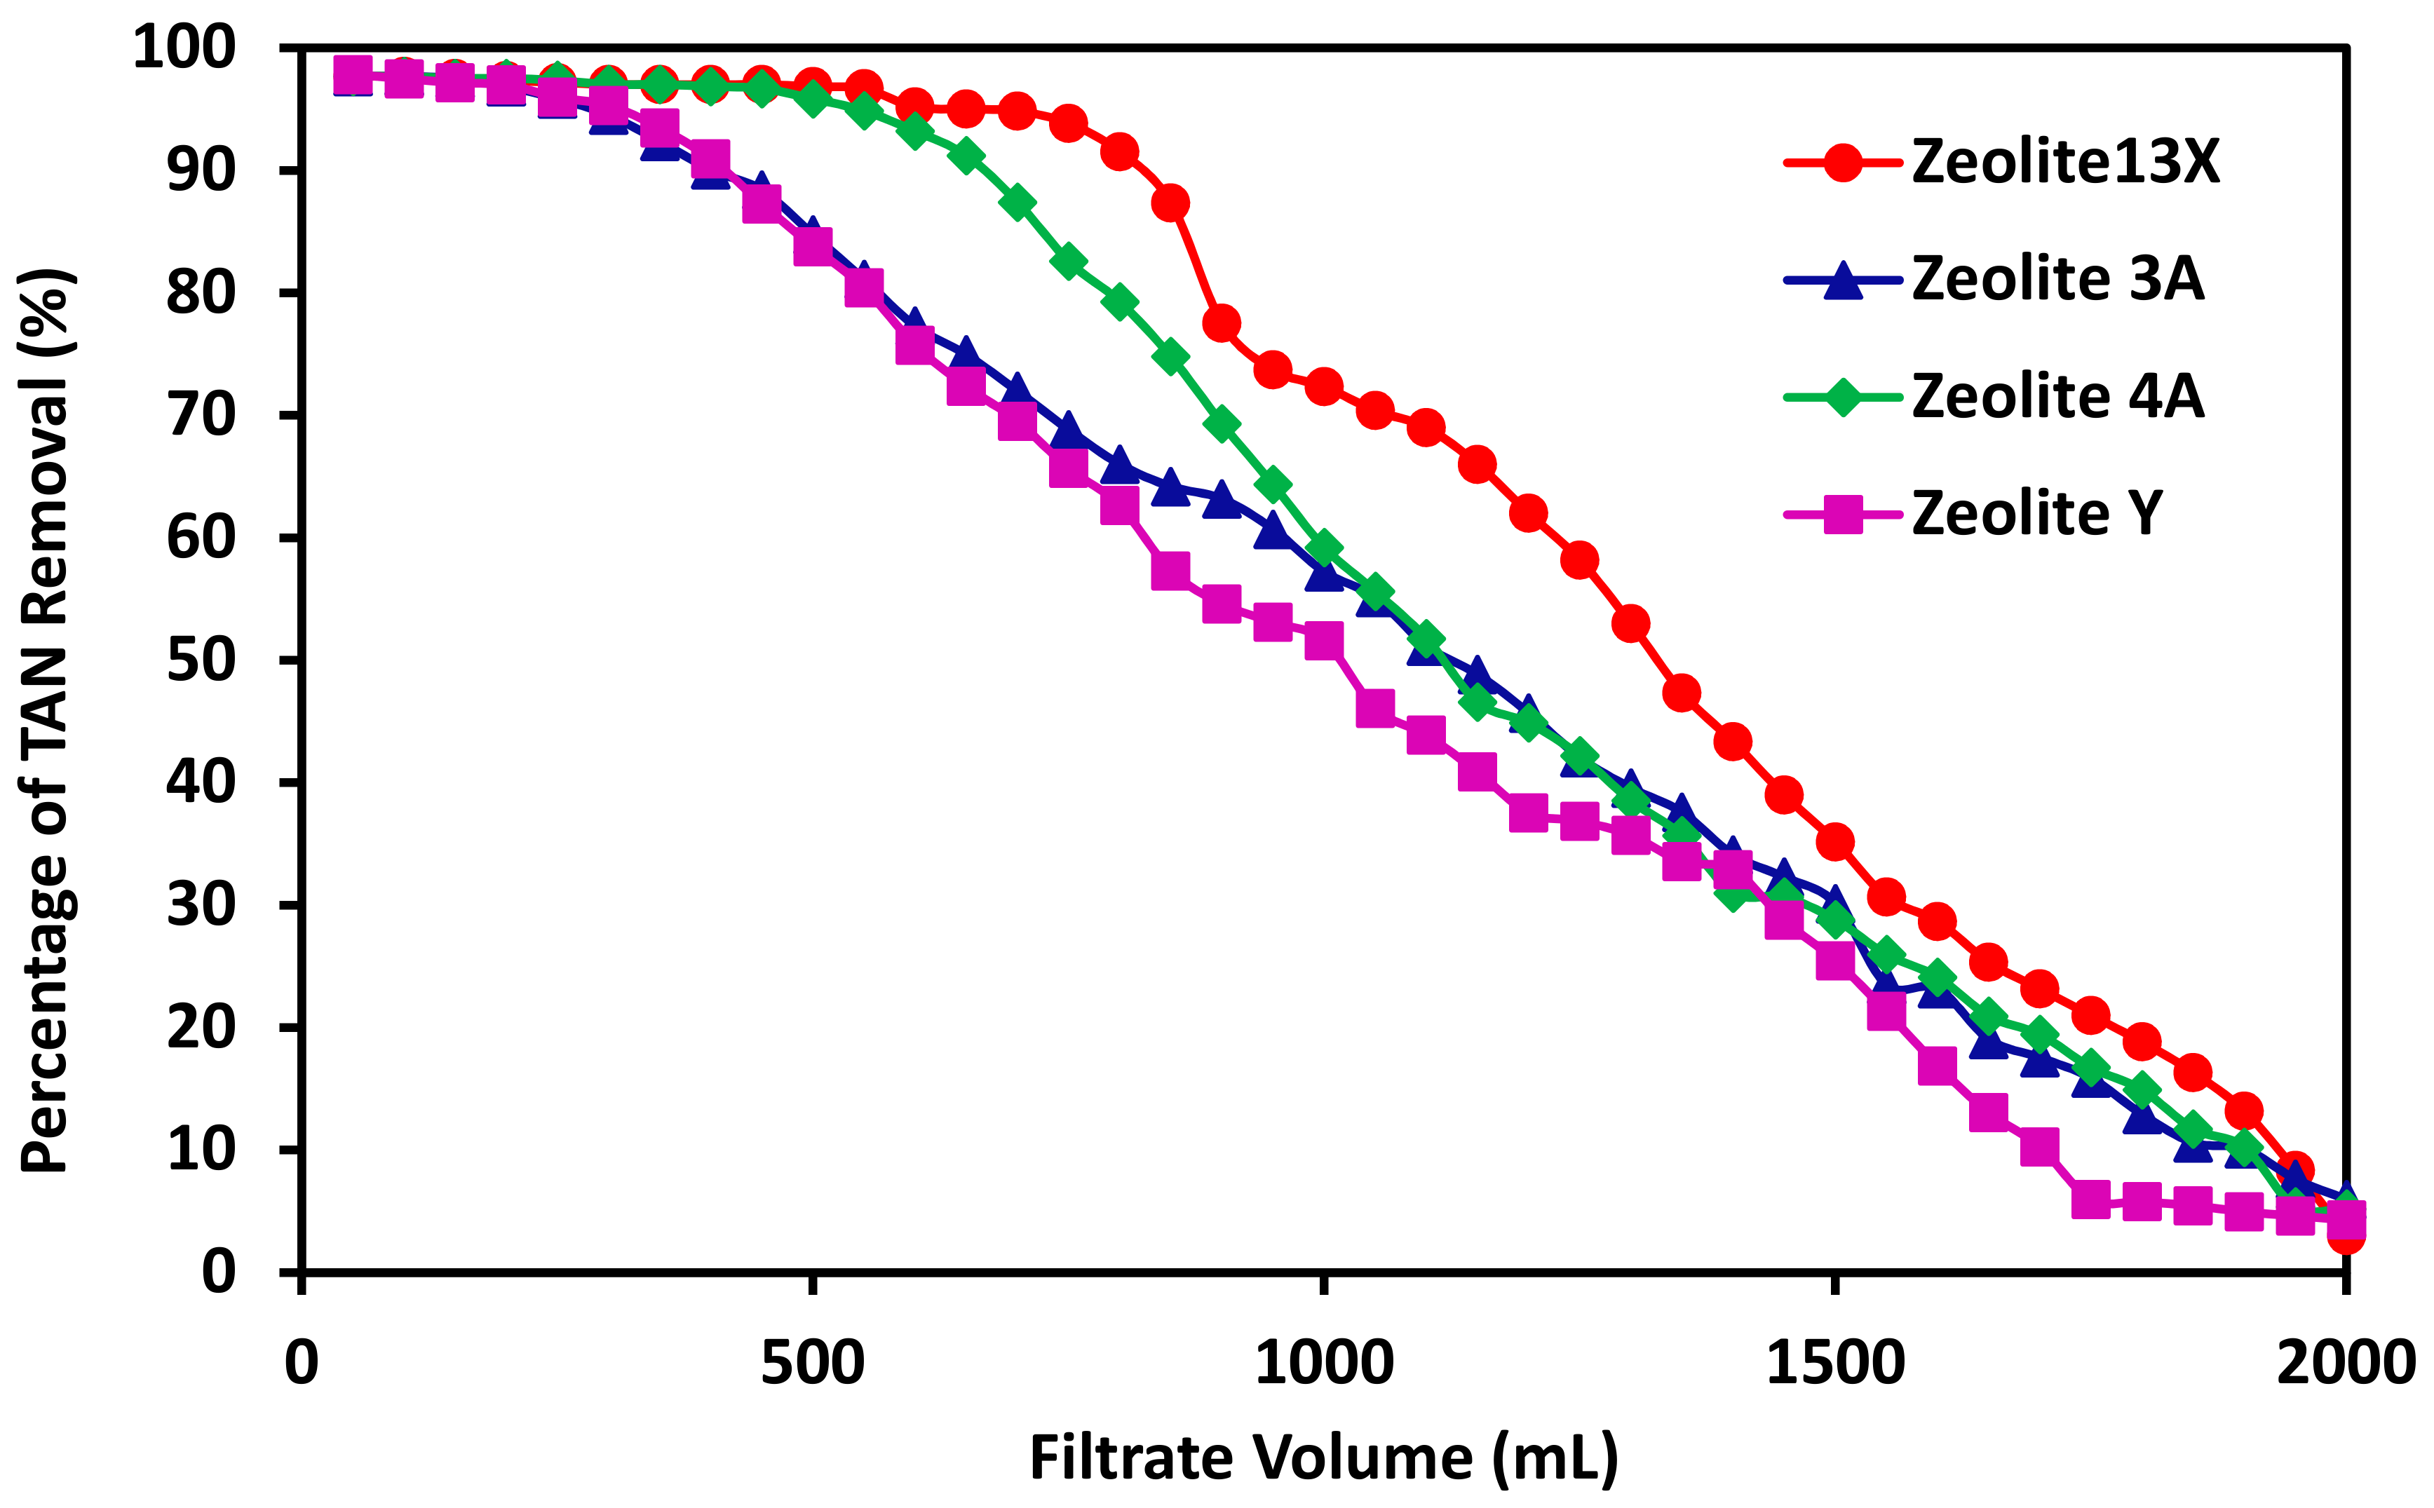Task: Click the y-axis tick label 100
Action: (184, 47)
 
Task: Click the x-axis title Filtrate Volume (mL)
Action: (1324, 1458)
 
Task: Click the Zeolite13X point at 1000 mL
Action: (1324, 386)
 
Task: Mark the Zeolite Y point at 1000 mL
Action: (1324, 640)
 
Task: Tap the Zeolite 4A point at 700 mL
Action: (1017, 203)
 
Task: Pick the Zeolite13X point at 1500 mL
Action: (1834, 843)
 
